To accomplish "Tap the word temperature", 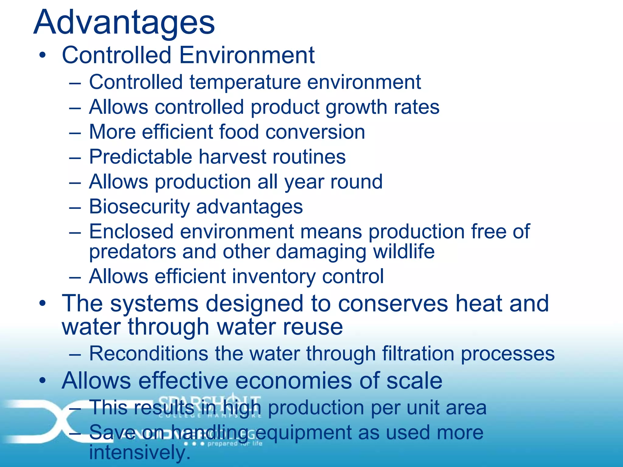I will coord(245,82).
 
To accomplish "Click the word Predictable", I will coord(140,157).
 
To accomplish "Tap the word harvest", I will coord(232,157).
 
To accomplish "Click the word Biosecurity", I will coord(139,207).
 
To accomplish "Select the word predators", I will coord(133,252).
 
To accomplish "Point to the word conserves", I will coord(393,303).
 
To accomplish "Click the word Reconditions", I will coord(149,354).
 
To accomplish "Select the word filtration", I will coord(418,354).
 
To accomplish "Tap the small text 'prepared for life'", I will coord(235,444).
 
